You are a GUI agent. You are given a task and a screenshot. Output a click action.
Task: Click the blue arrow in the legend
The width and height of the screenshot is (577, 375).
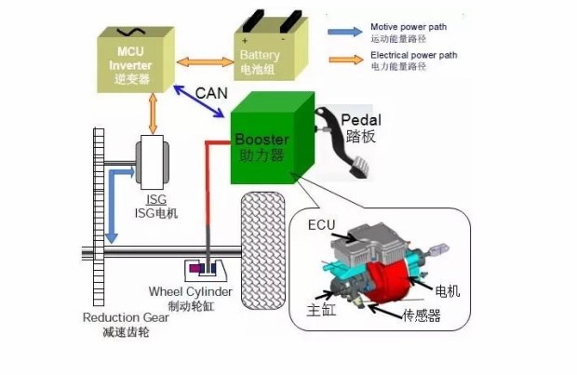coord(343,31)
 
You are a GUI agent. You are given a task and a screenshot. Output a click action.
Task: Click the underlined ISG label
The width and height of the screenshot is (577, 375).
coord(157,200)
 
